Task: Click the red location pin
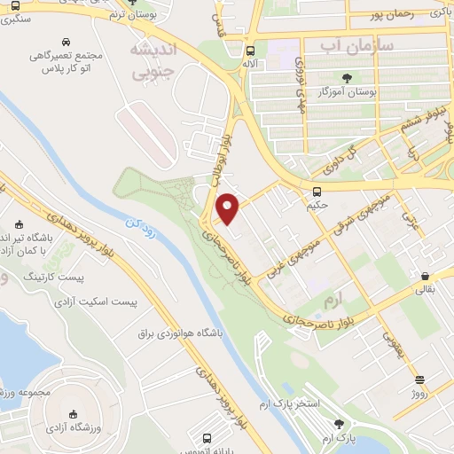point(228,209)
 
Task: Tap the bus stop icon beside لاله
point(251,51)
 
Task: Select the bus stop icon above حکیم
point(317,192)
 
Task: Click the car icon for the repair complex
point(67,41)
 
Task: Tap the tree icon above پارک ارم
point(337,424)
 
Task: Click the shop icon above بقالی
point(426,276)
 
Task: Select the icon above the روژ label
point(419,378)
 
